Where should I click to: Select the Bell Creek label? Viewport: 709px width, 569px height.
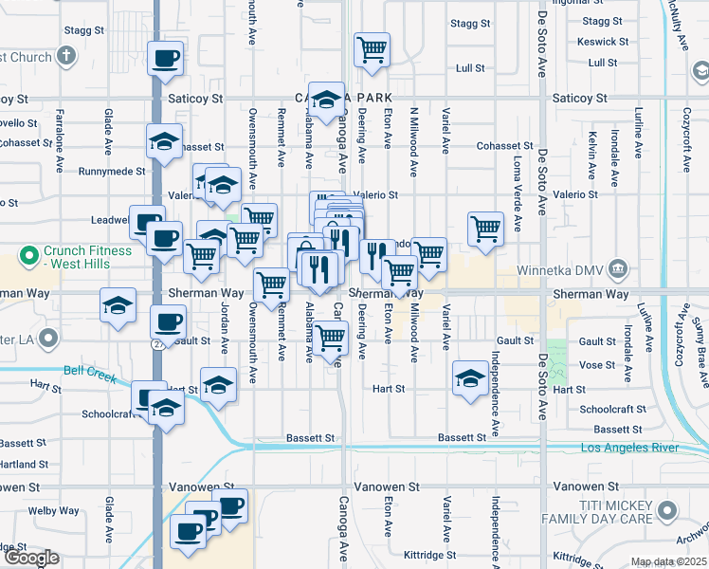click(89, 373)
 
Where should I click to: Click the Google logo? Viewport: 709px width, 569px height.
click(30, 558)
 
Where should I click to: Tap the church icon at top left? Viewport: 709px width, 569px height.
click(65, 55)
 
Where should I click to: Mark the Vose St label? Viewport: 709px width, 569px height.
click(597, 365)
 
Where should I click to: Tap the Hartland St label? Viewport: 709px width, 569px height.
click(24, 464)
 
